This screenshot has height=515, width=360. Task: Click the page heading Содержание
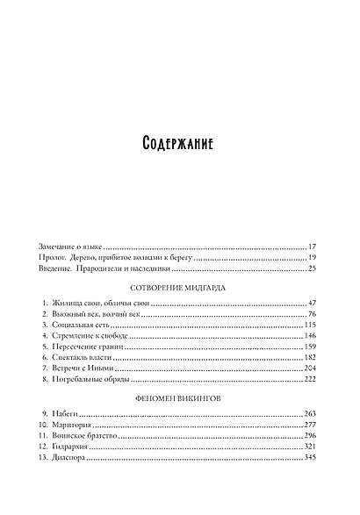pyautogui.click(x=179, y=144)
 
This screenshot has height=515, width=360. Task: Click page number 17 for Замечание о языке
pyautogui.click(x=312, y=248)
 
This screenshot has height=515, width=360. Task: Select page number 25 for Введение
pyautogui.click(x=312, y=273)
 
